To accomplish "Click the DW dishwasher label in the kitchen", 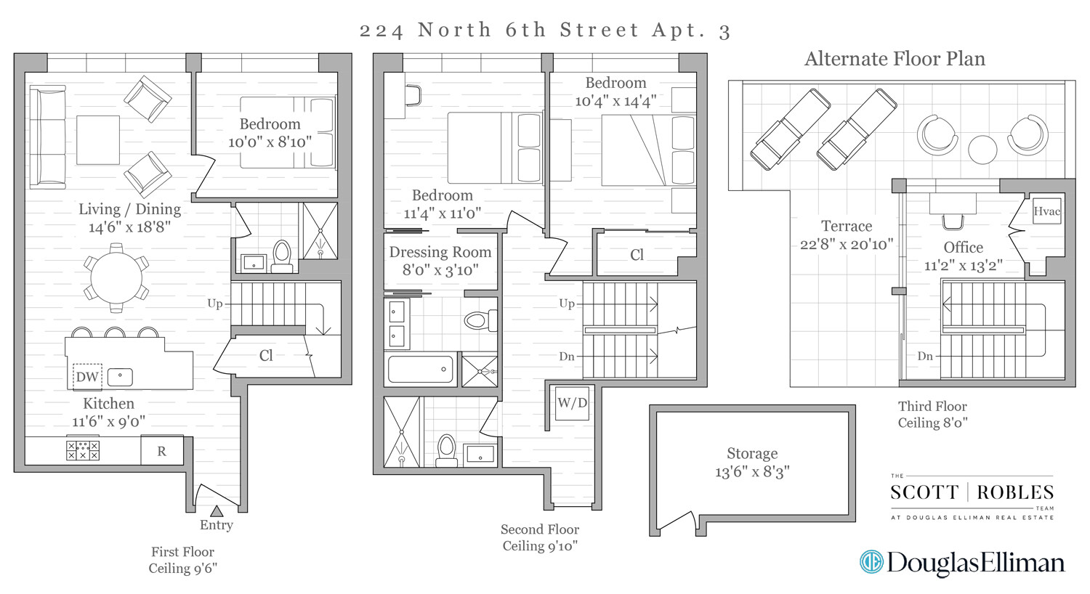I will coord(87,377).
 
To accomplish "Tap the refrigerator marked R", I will coord(161,451).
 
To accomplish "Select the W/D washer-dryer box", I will coord(573,403).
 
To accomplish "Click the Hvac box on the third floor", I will coord(1047,211).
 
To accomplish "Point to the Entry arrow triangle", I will coord(217,511).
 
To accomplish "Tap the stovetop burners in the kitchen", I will coord(83,450).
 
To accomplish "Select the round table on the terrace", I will coord(982,150).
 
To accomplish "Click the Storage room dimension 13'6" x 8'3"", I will coord(752,471).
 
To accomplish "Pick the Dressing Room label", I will coord(440,252).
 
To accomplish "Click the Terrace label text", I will coord(847,226).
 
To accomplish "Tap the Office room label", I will coord(963,247).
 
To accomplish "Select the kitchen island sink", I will coord(120,377).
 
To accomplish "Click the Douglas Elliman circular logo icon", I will coord(871,562).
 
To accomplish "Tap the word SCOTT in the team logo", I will coord(924,492).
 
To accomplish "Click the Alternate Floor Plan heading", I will coord(895,59).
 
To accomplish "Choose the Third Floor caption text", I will coord(932,406).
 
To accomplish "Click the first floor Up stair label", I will coord(215,304).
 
